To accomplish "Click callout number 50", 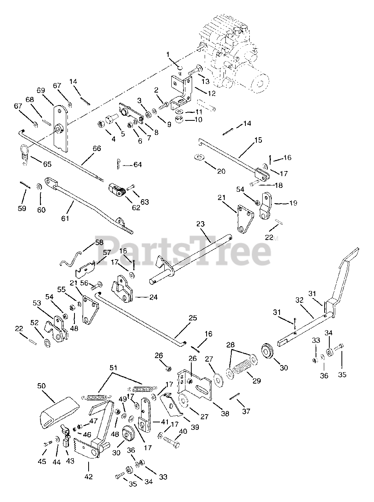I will coord(42,386).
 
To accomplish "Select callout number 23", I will coord(200,224).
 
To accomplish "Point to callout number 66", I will coord(96,148).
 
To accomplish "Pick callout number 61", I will coord(65,218).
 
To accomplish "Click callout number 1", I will coord(168,54).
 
